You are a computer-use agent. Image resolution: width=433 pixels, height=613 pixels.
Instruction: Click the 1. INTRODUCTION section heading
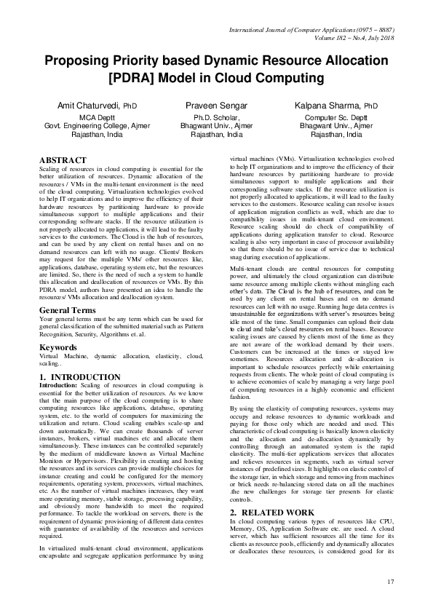click(x=79, y=377)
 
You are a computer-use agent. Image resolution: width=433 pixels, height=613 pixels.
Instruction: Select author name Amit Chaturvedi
click(x=90, y=106)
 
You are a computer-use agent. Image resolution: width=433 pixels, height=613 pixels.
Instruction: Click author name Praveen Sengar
click(x=216, y=106)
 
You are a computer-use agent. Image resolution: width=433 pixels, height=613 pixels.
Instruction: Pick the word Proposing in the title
click(x=86, y=61)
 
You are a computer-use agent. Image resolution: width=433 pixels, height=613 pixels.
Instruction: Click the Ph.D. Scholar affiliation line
click(x=216, y=117)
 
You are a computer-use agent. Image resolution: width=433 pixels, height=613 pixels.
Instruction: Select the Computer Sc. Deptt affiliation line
click(x=341, y=117)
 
